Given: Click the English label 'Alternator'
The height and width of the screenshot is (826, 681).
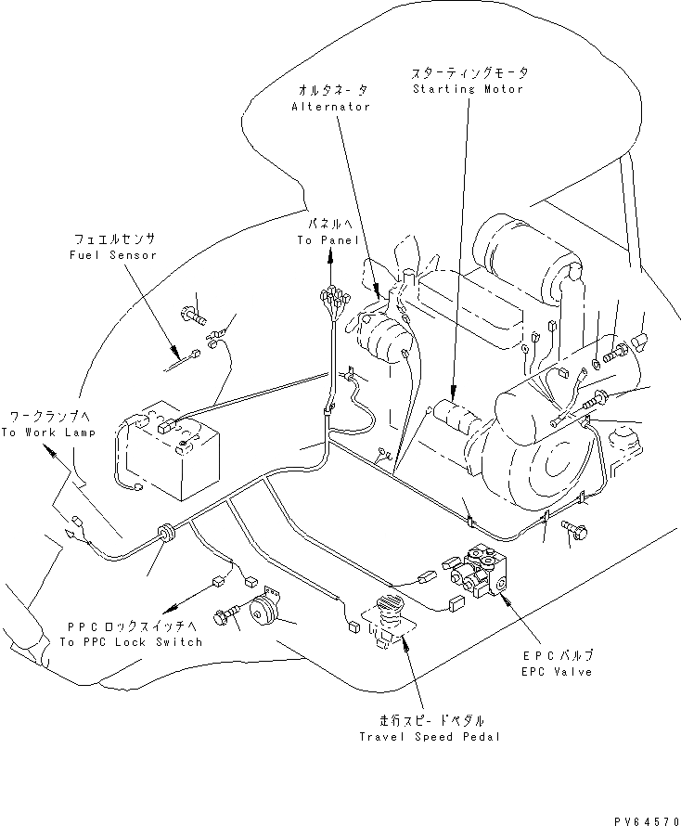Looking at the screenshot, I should point(330,107).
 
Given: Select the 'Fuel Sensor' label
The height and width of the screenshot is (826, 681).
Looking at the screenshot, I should point(114,254).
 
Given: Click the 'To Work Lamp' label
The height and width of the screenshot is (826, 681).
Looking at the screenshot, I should point(47,432).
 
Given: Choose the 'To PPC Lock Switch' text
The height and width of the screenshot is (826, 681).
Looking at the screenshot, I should point(131,641).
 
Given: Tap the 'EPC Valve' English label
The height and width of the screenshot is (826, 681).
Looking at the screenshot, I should point(558,671).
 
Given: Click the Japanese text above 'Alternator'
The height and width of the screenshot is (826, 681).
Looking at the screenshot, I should point(332,90).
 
